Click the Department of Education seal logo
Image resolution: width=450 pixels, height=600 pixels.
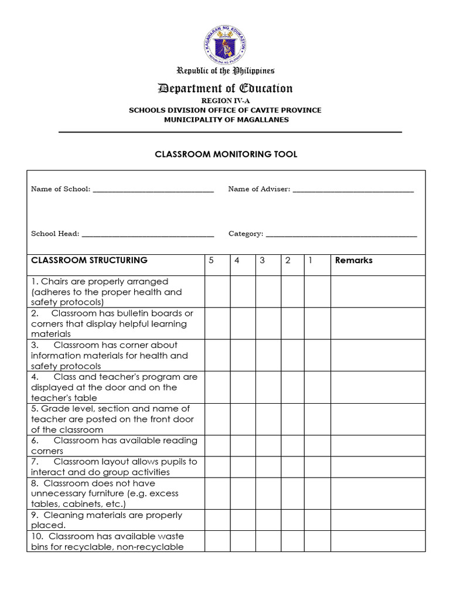click(x=226, y=45)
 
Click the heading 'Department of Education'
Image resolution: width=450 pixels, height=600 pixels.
click(x=226, y=88)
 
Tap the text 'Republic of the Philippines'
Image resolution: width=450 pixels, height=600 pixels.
click(x=226, y=71)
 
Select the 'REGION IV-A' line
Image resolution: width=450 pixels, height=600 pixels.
click(x=226, y=101)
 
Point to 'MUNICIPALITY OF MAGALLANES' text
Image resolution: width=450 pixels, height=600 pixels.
click(x=226, y=120)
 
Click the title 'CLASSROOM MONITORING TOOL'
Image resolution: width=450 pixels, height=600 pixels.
click(x=226, y=154)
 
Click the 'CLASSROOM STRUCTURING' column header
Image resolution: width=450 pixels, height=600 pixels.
click(x=89, y=260)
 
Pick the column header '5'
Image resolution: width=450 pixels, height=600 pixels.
click(x=211, y=261)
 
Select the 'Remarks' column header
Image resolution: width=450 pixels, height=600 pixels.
click(x=353, y=261)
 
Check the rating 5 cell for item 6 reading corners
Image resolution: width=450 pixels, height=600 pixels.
click(x=217, y=446)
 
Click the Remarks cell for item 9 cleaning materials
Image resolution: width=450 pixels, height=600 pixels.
click(x=378, y=520)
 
